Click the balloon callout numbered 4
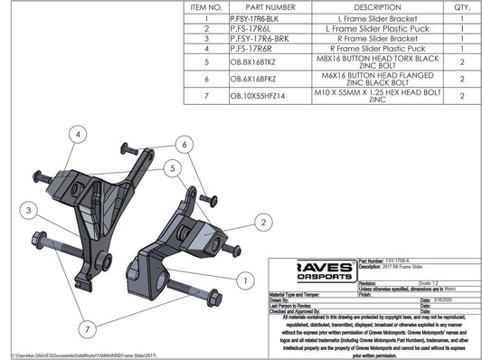(79, 135)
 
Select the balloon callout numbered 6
(184, 144)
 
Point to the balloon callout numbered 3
(30, 210)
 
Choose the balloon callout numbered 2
(263, 221)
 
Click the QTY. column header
(461, 6)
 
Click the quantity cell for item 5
(461, 62)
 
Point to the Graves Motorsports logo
(309, 270)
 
